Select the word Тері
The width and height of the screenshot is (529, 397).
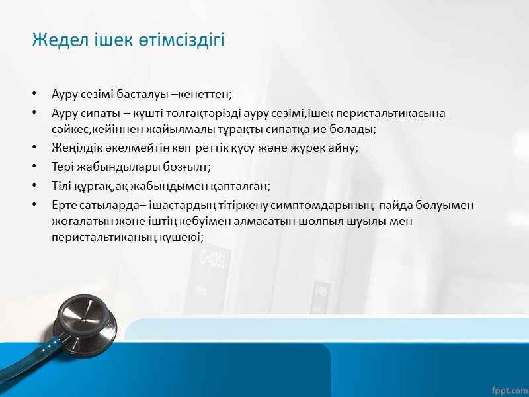pos(63,167)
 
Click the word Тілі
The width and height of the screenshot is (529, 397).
pos(63,187)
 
